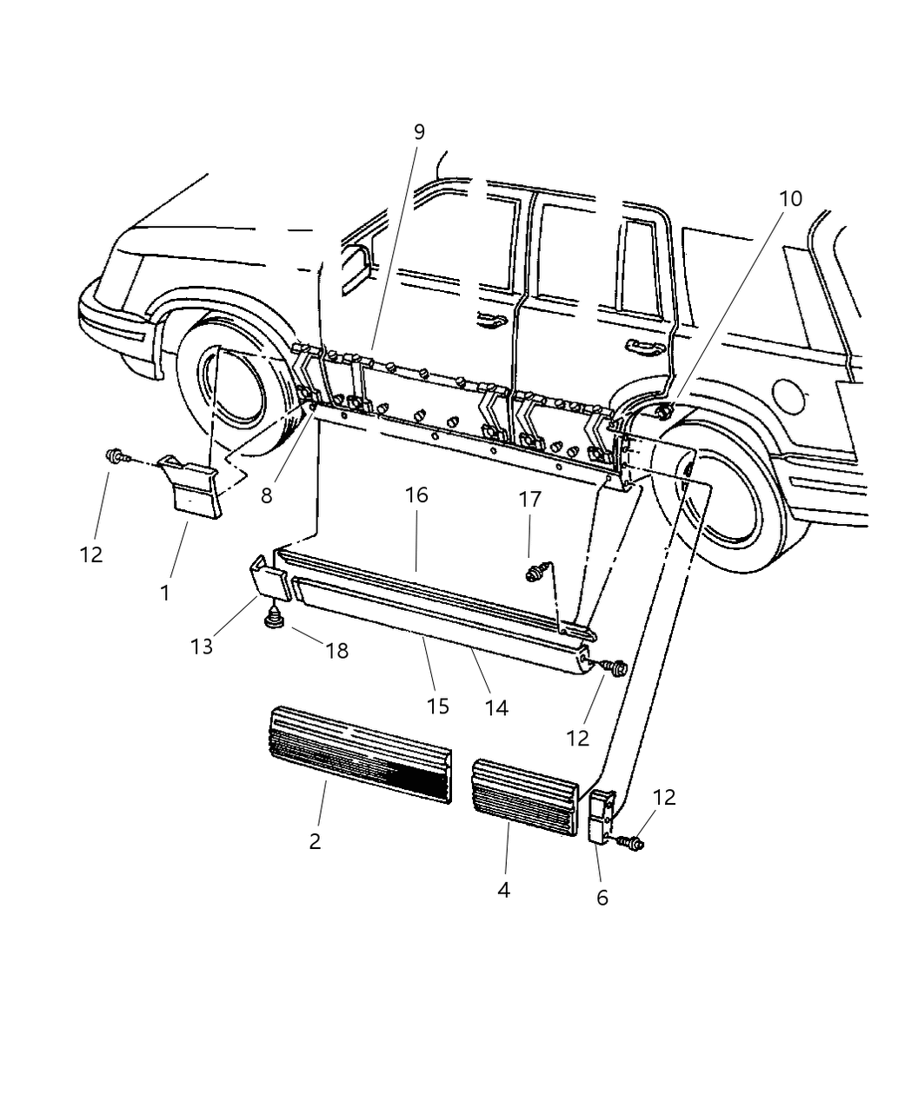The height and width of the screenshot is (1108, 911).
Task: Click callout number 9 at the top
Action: click(x=419, y=132)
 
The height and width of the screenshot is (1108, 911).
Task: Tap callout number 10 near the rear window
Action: click(x=789, y=198)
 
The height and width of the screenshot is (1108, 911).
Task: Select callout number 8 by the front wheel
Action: click(x=266, y=495)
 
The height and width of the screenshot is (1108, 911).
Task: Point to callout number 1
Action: click(x=165, y=594)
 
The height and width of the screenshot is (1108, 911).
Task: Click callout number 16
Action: click(x=416, y=495)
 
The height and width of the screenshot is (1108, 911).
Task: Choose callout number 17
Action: click(x=530, y=500)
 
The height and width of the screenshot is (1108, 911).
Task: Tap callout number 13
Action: click(x=202, y=647)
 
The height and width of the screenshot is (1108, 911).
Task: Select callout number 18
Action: click(x=336, y=649)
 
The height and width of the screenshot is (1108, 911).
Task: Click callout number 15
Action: click(x=438, y=706)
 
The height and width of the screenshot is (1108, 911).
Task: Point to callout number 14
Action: click(x=495, y=708)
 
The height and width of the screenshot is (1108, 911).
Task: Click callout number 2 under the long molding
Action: click(x=315, y=840)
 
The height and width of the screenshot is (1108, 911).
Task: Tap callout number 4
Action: click(x=503, y=890)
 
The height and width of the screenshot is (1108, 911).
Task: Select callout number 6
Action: click(x=602, y=897)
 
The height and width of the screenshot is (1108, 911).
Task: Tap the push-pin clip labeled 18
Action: click(x=275, y=620)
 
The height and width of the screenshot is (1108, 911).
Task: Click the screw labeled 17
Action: click(x=532, y=574)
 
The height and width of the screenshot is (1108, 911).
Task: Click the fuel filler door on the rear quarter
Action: click(x=792, y=396)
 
